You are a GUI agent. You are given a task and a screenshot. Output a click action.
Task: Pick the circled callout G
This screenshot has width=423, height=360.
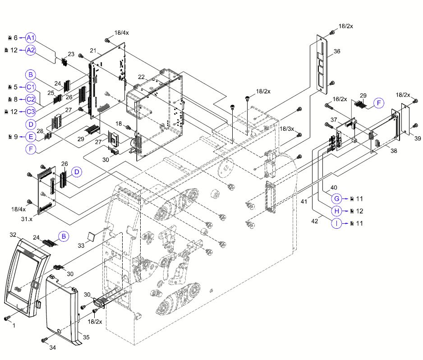click(337, 198)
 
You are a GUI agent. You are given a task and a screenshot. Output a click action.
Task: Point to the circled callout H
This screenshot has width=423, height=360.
click(337, 211)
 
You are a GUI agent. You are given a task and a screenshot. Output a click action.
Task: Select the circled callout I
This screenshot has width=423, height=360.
click(337, 223)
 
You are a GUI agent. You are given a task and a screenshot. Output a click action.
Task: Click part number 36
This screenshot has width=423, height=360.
click(337, 51)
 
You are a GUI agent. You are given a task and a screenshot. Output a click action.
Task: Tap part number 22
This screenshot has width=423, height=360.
click(141, 77)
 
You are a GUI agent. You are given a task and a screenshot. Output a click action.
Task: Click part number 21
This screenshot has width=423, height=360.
click(93, 50)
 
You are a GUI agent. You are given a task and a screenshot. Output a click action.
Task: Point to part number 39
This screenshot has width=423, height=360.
click(417, 138)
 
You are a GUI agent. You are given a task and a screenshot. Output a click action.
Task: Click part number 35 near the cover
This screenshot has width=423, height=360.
click(86, 337)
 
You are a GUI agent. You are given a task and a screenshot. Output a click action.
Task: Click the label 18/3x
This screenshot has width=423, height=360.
click(287, 129)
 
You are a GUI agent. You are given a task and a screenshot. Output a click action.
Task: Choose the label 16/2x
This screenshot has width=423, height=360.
click(340, 99)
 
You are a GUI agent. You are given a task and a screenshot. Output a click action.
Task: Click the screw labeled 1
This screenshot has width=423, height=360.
click(7, 319)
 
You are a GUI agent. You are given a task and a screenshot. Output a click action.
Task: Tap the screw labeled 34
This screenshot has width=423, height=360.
click(44, 340)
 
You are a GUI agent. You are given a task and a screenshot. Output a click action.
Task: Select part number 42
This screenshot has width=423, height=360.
click(315, 222)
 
